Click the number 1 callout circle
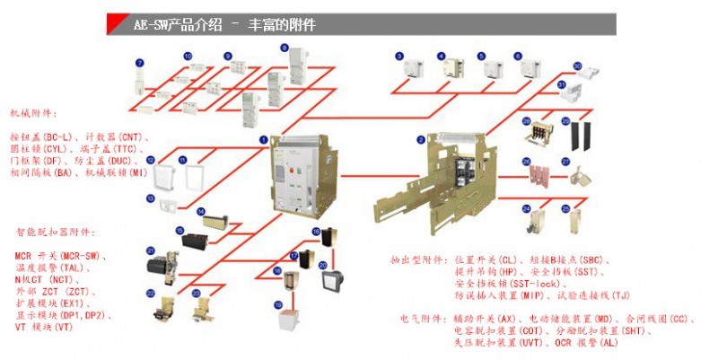tap(263, 139)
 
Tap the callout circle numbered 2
tap(420, 139)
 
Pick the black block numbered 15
tap(194, 240)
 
